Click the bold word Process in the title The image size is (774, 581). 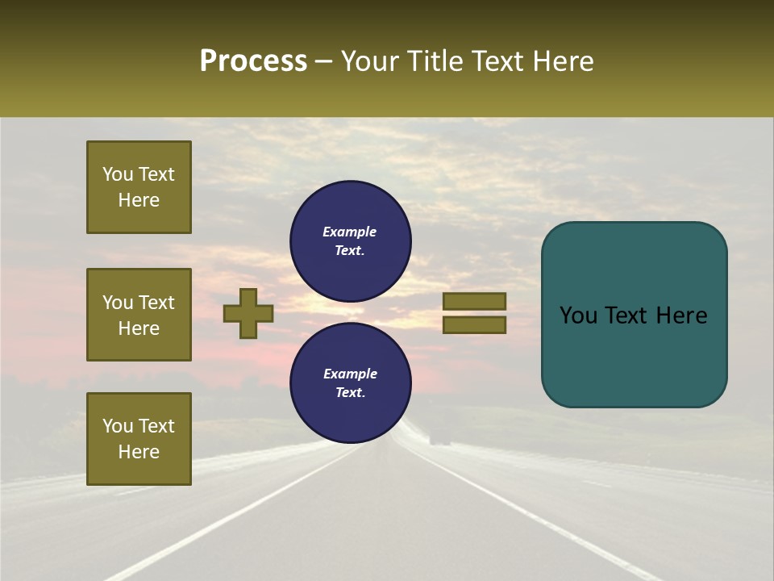point(253,61)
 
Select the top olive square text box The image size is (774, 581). point(139,187)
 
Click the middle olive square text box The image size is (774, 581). point(139,315)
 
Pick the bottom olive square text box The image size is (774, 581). point(139,439)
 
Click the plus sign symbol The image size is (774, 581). point(248,314)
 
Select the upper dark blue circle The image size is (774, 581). point(351,241)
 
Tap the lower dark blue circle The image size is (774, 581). point(351,383)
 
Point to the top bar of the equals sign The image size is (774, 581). point(474,302)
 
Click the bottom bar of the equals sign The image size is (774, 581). point(474,325)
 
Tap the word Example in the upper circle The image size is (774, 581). point(350,232)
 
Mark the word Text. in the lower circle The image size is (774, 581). point(350,393)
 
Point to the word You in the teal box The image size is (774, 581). point(577,316)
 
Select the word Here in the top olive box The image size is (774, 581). point(139,200)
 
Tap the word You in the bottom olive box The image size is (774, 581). point(118,426)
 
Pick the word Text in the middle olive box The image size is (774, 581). point(157,303)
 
